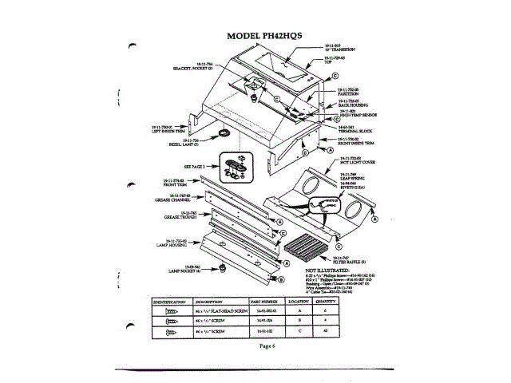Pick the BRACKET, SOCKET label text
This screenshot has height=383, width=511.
(192, 68)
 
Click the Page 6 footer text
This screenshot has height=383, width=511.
(267, 345)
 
